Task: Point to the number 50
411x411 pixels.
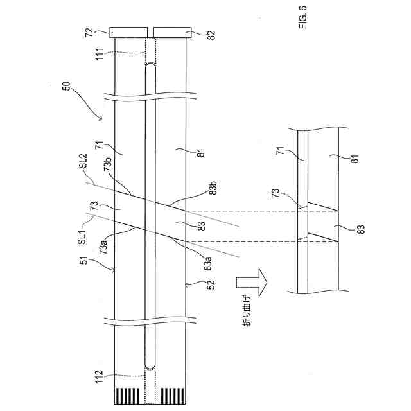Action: point(67,87)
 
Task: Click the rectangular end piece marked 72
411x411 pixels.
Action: point(130,31)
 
